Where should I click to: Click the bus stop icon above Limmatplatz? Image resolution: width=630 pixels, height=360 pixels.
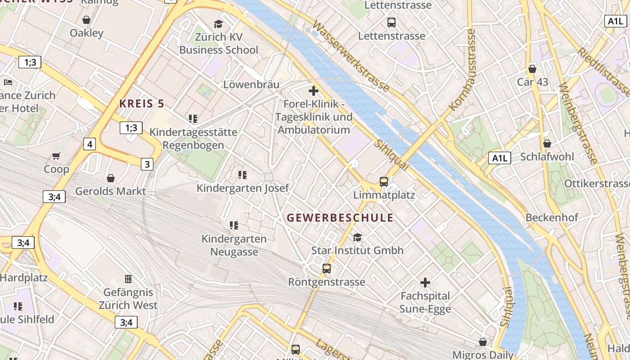click(x=383, y=182)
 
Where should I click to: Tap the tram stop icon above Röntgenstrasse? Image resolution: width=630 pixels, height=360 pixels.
click(x=327, y=269)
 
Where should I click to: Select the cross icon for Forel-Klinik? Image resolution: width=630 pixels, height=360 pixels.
click(x=314, y=91)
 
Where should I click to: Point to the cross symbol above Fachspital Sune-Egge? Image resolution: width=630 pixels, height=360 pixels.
click(x=425, y=283)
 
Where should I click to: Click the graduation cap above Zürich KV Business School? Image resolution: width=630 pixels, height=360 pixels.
click(x=218, y=24)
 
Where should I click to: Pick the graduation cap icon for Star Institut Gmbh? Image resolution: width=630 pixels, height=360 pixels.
click(x=357, y=237)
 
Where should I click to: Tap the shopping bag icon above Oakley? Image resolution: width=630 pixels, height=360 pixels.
click(x=86, y=20)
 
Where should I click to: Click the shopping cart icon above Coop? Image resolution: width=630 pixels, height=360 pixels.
click(x=56, y=156)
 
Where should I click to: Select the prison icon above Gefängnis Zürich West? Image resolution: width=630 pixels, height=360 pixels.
click(x=128, y=279)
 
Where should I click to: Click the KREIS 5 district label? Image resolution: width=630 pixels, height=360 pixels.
click(x=141, y=103)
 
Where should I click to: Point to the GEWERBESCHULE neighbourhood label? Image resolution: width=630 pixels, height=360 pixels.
click(x=340, y=218)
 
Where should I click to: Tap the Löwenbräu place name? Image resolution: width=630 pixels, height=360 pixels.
click(x=251, y=85)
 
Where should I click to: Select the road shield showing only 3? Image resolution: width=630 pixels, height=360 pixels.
click(x=147, y=164)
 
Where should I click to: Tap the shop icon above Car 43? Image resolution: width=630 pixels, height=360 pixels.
click(x=532, y=69)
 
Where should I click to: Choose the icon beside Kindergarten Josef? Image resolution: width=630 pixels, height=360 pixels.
click(x=243, y=175)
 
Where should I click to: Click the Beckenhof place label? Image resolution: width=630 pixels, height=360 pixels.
click(x=552, y=218)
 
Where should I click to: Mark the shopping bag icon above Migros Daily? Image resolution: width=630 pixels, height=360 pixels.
click(x=483, y=342)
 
